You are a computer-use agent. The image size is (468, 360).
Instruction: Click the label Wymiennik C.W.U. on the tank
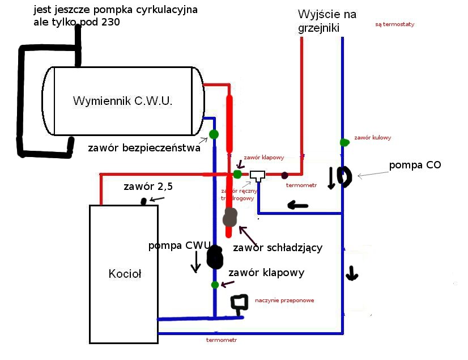122,101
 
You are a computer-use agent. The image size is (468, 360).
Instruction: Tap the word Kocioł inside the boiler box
124,274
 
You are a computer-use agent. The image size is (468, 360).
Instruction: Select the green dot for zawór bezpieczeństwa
214,134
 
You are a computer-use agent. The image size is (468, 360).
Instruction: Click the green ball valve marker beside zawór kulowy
343,142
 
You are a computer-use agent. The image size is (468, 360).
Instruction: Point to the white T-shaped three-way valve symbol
258,176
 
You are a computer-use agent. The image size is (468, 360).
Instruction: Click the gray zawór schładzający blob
230,217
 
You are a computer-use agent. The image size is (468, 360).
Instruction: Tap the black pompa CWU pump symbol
215,257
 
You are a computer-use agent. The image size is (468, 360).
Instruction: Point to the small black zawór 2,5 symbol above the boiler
145,200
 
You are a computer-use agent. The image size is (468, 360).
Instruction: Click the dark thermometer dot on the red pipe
285,175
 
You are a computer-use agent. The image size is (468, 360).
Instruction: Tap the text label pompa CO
415,165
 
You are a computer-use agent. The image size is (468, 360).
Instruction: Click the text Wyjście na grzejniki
327,21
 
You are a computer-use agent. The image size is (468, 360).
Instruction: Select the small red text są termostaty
395,25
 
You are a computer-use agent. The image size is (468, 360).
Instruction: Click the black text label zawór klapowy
266,273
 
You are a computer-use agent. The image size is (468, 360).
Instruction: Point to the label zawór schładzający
278,248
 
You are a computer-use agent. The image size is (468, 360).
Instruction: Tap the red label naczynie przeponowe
284,300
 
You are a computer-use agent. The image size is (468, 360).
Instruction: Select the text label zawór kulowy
372,138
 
